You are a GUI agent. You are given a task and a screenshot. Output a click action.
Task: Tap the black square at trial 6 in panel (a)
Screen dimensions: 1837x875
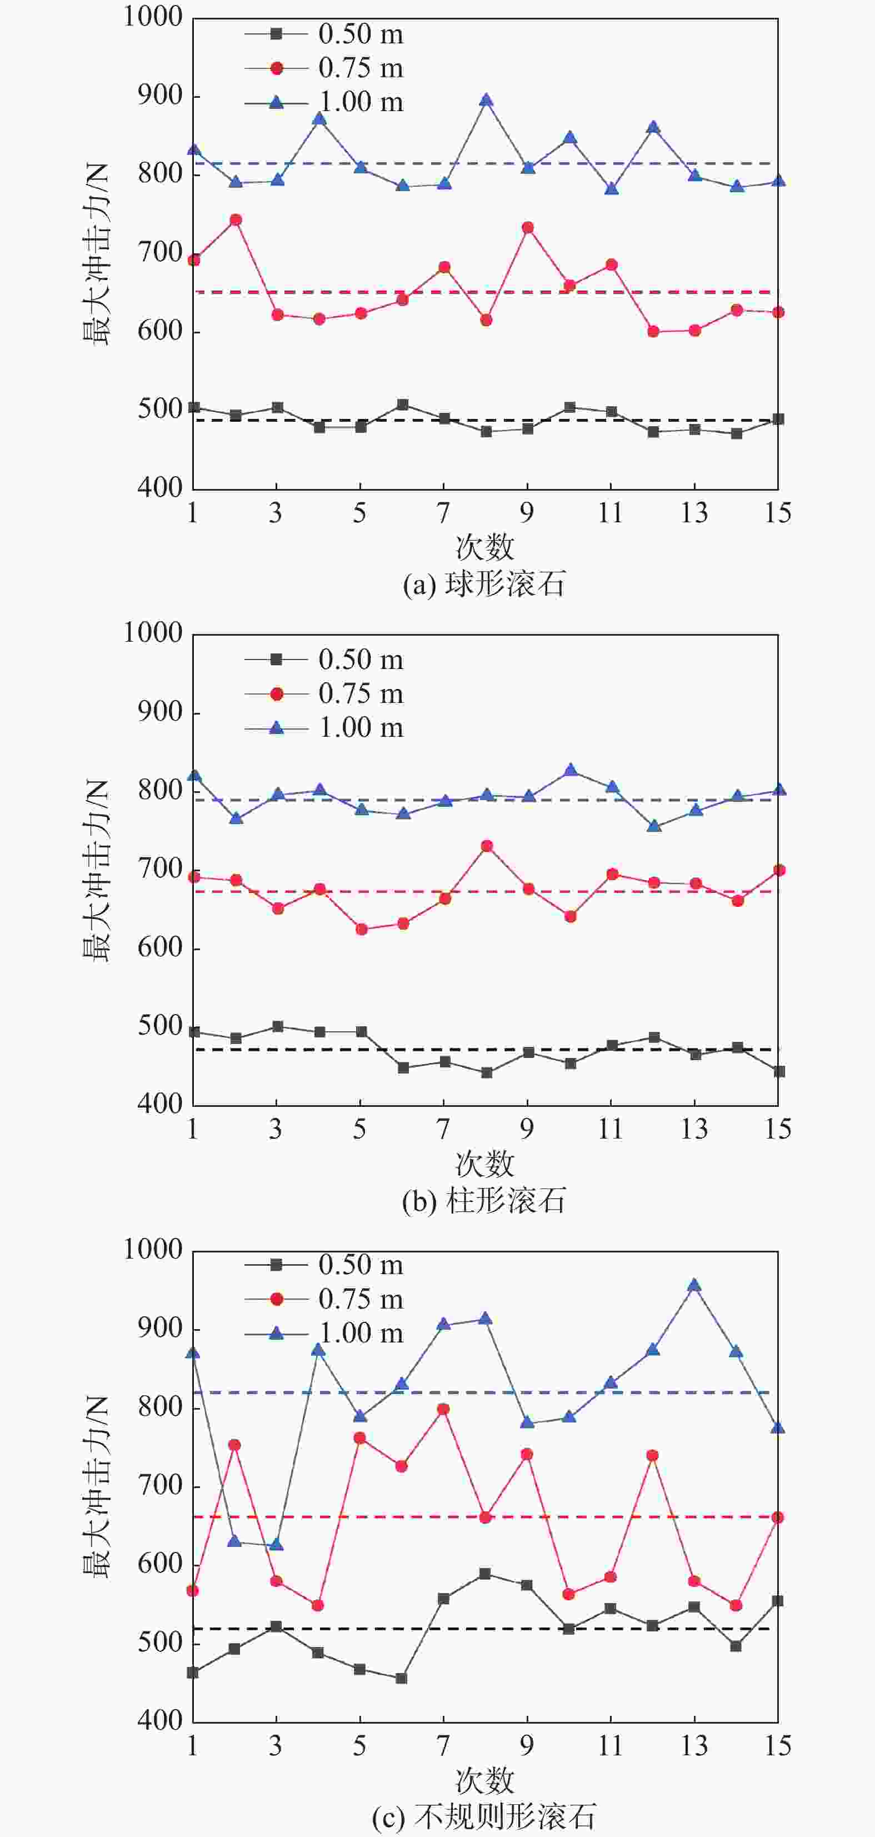click(x=402, y=405)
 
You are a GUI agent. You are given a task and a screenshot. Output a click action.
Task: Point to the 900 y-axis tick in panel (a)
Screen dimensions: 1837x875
click(x=161, y=95)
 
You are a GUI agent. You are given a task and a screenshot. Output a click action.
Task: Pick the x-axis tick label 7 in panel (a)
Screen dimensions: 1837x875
click(x=443, y=513)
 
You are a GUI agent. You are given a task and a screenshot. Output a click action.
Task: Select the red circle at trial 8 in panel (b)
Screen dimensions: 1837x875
click(x=486, y=846)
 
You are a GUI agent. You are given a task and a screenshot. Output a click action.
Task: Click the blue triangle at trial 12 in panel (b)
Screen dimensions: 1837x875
click(x=654, y=826)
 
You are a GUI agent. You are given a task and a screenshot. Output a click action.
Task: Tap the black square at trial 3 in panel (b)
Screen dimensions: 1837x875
click(x=277, y=1026)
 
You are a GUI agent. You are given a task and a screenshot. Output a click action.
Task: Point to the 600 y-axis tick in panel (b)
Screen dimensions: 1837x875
click(x=161, y=948)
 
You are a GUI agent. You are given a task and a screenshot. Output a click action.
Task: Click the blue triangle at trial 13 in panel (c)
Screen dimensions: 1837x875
click(x=694, y=1286)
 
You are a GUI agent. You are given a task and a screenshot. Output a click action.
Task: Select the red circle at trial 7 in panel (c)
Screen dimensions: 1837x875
click(x=443, y=1409)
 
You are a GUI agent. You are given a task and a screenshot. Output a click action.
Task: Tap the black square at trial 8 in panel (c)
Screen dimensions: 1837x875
click(x=485, y=1574)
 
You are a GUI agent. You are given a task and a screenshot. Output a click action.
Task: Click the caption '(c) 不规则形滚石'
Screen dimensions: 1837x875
click(x=483, y=1818)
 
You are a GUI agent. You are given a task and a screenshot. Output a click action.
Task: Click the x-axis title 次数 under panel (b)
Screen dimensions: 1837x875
click(x=485, y=1165)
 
